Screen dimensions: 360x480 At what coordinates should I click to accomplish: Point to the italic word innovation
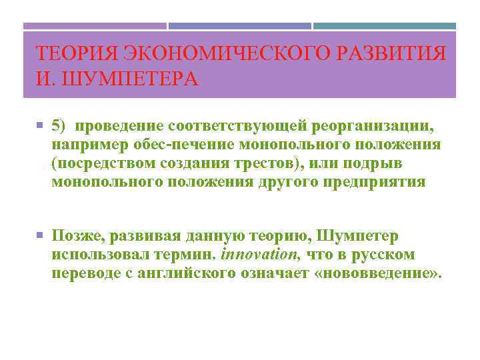[260, 255]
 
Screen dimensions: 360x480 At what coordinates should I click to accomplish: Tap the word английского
[204, 273]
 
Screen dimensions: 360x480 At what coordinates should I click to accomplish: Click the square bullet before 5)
[41, 126]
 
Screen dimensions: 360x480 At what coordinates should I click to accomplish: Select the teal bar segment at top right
[385, 27]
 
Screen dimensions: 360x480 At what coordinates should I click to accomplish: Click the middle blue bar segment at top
[239, 27]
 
